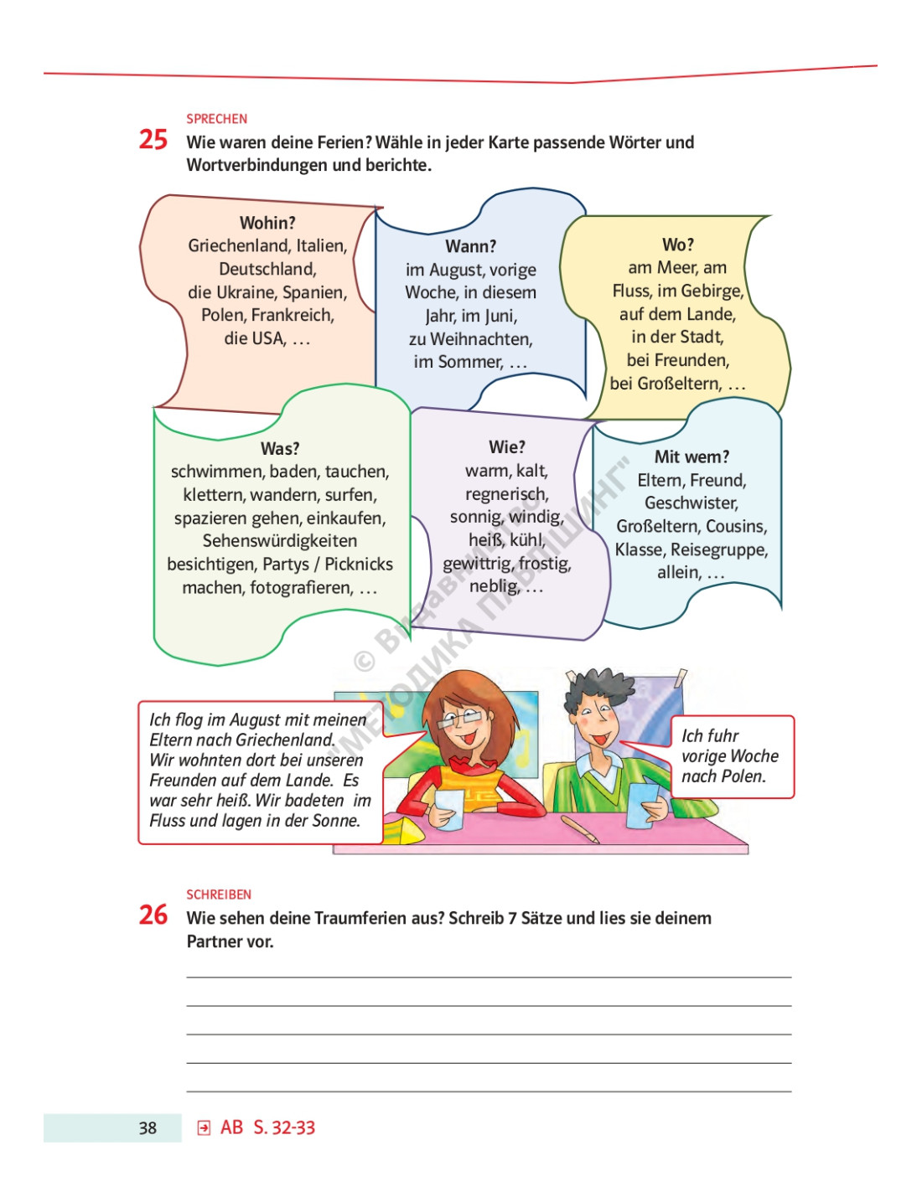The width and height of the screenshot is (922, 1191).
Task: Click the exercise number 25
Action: [x=153, y=139]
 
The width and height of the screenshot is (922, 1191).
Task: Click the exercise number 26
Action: [x=153, y=915]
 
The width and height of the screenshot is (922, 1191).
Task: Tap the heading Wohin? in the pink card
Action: [x=267, y=223]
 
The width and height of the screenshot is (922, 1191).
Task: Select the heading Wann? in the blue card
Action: [x=470, y=246]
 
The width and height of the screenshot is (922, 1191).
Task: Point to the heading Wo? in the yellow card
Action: [x=678, y=245]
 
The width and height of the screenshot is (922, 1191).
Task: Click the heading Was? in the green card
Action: [x=280, y=449]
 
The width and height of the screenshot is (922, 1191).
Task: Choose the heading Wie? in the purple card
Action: [x=507, y=447]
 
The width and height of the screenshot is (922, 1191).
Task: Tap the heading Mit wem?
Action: [x=691, y=457]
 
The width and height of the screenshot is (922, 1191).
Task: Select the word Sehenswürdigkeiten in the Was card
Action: [x=280, y=541]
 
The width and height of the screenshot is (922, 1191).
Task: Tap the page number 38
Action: [x=148, y=1128]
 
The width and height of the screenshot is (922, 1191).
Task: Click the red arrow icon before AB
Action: [x=204, y=1128]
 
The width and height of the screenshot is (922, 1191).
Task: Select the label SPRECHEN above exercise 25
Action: [x=216, y=119]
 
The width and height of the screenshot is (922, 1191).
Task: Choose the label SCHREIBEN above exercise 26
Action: [x=219, y=895]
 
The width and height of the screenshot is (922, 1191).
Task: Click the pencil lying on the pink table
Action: [x=580, y=829]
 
